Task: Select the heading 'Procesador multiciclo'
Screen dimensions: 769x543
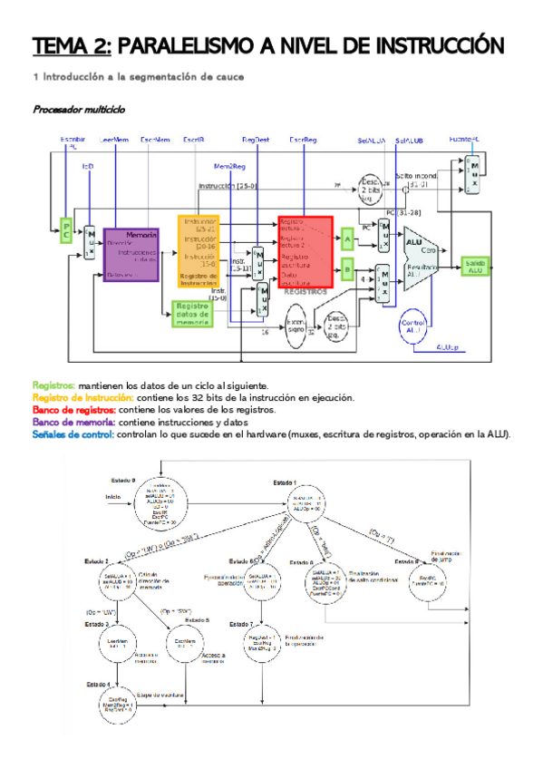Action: (79, 110)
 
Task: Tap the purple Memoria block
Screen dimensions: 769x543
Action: (131, 255)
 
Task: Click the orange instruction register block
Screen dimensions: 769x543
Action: (199, 250)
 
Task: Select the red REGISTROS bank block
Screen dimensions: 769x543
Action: (305, 251)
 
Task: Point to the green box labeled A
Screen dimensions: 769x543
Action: (347, 239)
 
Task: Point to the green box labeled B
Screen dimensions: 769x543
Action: (347, 269)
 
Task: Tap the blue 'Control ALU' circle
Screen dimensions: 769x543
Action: (413, 328)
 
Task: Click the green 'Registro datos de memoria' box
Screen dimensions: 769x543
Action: (191, 314)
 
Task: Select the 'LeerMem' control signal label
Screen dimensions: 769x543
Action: (114, 140)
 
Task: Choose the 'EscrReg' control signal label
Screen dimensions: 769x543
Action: (303, 140)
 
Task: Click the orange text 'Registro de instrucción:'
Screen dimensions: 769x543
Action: (83, 397)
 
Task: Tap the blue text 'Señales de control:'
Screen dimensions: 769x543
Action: (73, 434)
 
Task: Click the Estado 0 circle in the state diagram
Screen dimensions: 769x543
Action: (160, 499)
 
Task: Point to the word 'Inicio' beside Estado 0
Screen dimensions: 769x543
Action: (112, 497)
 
